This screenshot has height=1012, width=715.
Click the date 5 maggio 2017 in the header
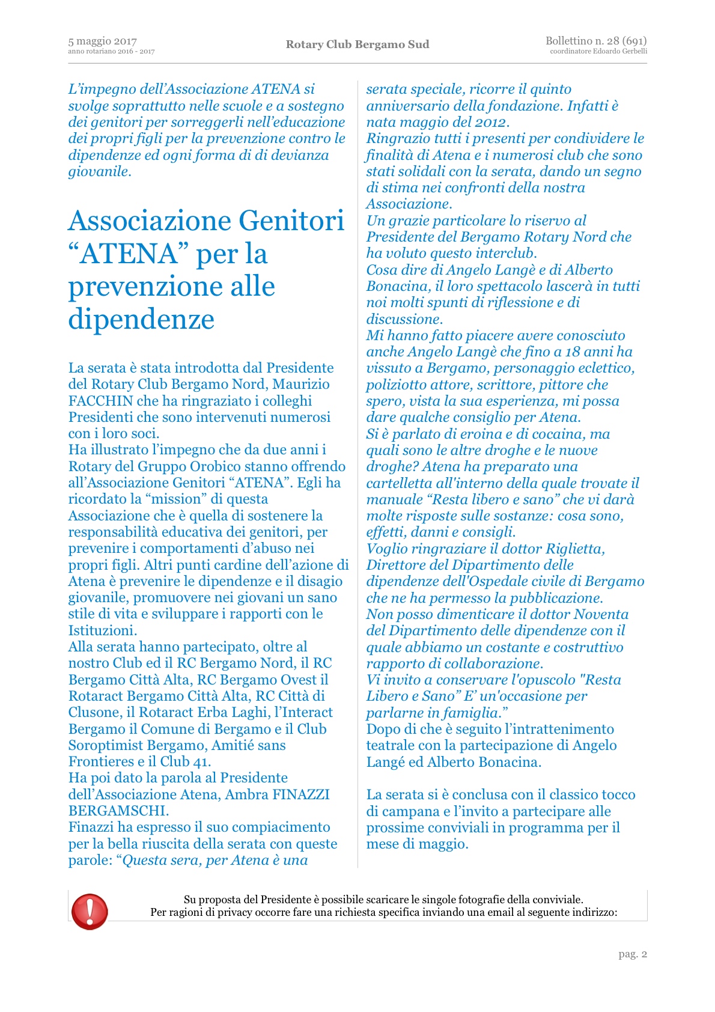103,41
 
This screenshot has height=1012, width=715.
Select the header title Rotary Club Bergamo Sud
357,44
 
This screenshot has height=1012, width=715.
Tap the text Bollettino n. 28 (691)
595,41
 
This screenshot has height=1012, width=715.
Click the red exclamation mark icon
90,910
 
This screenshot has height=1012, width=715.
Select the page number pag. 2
633,954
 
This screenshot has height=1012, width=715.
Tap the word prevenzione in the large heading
171,287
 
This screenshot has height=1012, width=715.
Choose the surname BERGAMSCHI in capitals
118,811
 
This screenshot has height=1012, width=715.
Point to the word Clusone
94,713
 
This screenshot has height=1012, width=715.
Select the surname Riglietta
574,549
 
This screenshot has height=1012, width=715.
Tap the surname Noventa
601,614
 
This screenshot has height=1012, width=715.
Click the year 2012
490,123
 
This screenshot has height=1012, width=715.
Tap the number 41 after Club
201,762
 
